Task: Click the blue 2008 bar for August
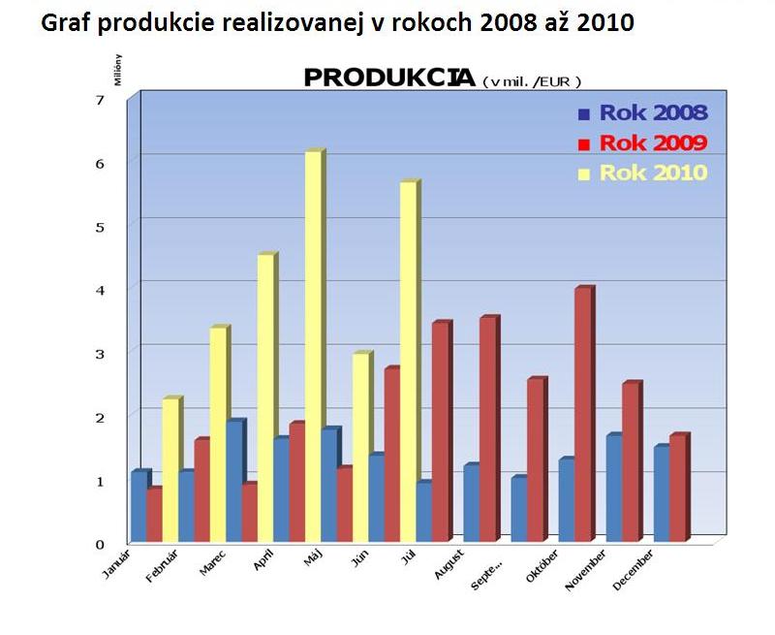pyautogui.click(x=471, y=503)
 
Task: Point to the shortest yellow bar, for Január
pyautogui.click(x=170, y=470)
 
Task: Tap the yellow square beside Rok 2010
pyautogui.click(x=583, y=175)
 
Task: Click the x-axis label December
pyautogui.click(x=633, y=570)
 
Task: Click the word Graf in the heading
pyautogui.click(x=67, y=21)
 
